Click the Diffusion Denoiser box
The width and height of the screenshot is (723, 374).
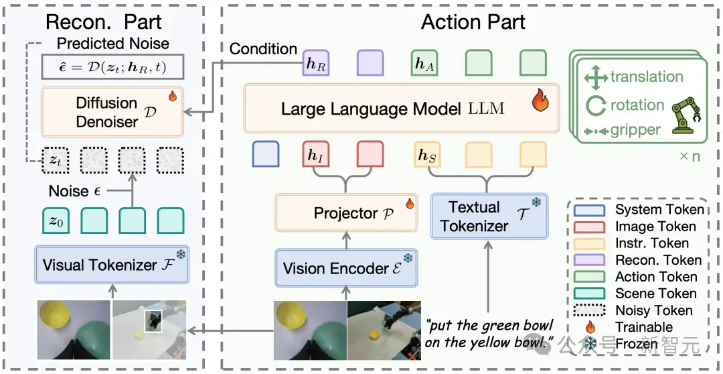(x=112, y=112)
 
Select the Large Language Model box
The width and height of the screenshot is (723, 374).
(x=401, y=109)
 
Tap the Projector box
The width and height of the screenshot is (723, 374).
(x=346, y=212)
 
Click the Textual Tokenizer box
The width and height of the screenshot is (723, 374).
(x=489, y=216)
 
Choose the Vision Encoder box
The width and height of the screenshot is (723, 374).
(x=346, y=268)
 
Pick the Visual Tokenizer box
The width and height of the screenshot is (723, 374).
(x=112, y=265)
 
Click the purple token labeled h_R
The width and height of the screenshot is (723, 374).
(x=316, y=63)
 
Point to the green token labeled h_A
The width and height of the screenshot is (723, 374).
(x=424, y=63)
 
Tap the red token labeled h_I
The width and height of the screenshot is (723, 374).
(x=316, y=154)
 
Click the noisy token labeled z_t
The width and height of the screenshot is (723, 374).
(x=56, y=160)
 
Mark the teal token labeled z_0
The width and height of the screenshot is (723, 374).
(x=56, y=221)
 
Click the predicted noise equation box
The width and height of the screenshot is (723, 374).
(x=112, y=67)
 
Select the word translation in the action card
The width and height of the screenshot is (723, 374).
(x=647, y=76)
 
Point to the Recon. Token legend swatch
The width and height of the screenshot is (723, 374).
(x=589, y=261)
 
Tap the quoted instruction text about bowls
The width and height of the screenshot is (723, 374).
(x=489, y=334)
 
